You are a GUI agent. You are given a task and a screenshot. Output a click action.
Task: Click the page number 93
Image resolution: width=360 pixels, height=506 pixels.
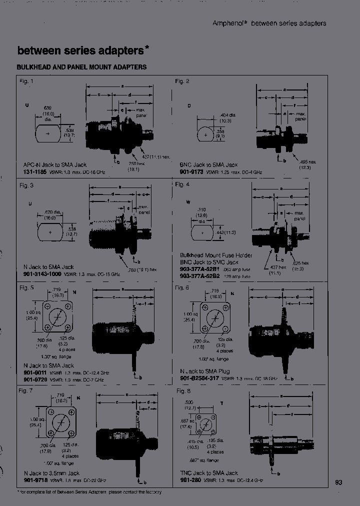(338, 482)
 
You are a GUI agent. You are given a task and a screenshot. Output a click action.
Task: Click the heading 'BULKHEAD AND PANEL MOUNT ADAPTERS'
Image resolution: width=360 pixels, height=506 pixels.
(81, 67)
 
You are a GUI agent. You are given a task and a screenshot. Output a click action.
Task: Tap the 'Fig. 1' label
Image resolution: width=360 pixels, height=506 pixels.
(26, 81)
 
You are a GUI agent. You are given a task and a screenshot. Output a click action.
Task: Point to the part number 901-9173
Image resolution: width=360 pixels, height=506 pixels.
(191, 171)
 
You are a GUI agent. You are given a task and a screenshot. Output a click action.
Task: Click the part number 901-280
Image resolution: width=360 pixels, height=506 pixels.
(189, 479)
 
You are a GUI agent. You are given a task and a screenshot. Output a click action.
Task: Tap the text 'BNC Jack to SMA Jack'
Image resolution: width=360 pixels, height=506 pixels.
(208, 164)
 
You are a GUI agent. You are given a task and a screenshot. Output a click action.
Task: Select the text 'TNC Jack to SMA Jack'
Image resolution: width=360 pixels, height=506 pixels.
(209, 472)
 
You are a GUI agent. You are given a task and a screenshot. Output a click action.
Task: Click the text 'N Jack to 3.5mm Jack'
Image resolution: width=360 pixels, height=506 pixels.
(51, 472)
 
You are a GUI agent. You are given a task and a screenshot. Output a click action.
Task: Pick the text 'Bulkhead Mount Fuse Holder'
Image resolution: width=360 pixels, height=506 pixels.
(216, 255)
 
